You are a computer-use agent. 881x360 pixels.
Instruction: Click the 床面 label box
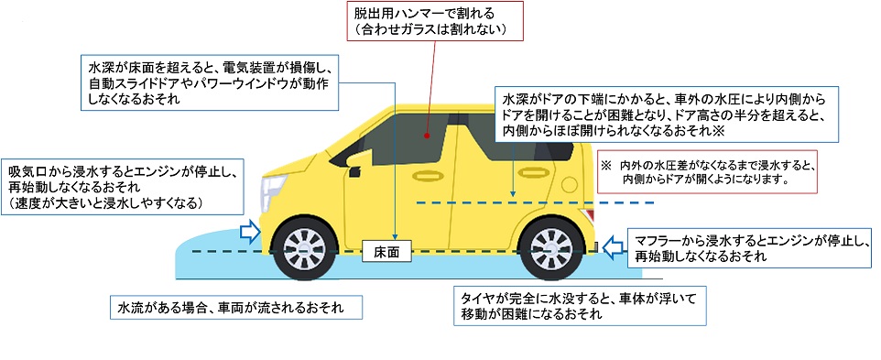[x=387, y=252]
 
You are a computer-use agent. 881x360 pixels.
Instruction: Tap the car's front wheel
[x=305, y=247]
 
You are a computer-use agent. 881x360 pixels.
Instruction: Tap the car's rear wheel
[x=551, y=247]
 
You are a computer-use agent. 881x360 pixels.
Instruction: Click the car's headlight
[x=273, y=192]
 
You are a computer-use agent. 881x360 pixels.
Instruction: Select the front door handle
[x=429, y=175]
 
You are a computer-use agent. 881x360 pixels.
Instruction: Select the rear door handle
[x=534, y=172]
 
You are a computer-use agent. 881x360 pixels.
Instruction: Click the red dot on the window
[x=427, y=136]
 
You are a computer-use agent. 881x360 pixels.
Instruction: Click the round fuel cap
[x=569, y=184]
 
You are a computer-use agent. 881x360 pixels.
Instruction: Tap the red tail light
[x=588, y=214]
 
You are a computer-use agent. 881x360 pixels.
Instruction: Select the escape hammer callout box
[x=435, y=21]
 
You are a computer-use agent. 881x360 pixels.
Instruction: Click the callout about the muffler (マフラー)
[x=749, y=248]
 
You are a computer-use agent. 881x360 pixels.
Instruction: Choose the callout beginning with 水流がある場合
[x=236, y=308]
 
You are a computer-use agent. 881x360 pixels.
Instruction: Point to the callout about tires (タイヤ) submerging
[x=580, y=306]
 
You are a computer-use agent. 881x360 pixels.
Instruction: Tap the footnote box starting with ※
[x=707, y=172]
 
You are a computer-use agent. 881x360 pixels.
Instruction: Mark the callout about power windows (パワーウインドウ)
[x=210, y=82]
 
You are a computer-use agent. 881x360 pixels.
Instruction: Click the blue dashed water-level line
[x=536, y=202]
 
